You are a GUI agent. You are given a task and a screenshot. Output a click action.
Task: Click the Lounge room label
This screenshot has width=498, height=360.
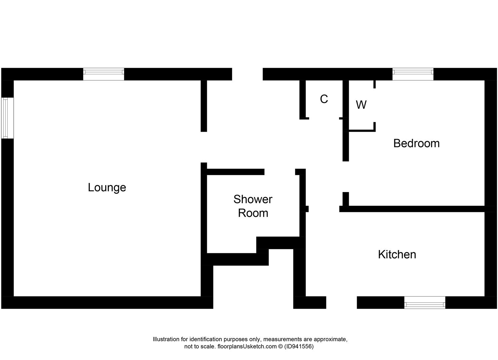[x=107, y=187]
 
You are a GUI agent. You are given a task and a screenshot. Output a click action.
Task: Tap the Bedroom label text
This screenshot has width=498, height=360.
[x=416, y=143]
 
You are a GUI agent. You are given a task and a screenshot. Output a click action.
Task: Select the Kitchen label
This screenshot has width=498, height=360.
[x=397, y=255]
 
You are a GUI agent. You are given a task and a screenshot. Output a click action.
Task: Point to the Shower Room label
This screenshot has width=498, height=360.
[x=253, y=206]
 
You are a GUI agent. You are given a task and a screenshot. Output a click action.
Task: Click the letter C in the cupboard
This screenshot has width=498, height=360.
[x=324, y=99]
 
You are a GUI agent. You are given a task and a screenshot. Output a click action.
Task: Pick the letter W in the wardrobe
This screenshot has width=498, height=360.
[x=361, y=105]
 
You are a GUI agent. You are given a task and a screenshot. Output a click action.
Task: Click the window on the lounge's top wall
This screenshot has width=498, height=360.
[x=103, y=74]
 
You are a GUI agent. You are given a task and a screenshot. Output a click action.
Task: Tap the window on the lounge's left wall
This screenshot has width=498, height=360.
[x=7, y=118]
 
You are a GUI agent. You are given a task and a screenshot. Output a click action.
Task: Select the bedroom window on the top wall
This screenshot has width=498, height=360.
[x=413, y=74]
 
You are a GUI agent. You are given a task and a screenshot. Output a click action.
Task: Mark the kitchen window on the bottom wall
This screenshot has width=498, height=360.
[x=425, y=303]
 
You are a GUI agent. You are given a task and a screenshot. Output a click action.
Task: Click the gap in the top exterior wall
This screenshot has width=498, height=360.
[x=247, y=74]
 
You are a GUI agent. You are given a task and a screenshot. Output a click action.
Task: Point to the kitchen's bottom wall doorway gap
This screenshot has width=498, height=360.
[x=341, y=303]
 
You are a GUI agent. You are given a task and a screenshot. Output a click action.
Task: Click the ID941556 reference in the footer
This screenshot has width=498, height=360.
[x=299, y=347]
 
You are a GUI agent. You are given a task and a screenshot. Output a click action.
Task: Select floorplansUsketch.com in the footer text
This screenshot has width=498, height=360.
[x=247, y=347]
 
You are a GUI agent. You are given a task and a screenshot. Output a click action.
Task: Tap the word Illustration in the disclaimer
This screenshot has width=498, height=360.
[x=166, y=339]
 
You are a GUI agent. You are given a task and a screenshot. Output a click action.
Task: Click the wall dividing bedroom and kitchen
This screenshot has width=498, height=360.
[x=416, y=209]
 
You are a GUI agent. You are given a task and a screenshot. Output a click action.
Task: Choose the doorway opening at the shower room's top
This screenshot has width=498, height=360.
[x=280, y=172]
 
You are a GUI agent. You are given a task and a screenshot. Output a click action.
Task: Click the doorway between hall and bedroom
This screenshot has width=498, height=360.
[x=346, y=177]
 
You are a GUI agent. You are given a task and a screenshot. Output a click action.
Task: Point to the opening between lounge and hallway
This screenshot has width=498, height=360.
[x=204, y=147]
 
